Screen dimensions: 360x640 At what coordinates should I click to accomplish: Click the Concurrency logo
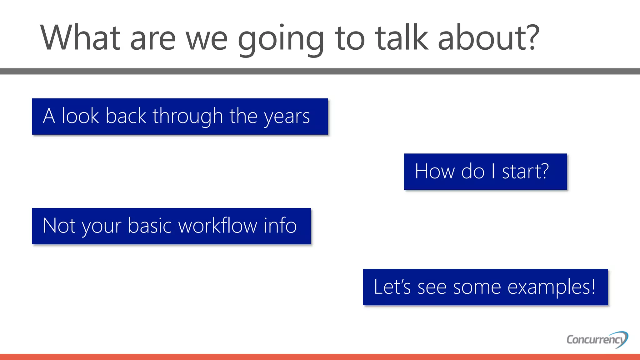[x=597, y=339]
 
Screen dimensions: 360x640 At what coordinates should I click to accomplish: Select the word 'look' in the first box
[x=80, y=116]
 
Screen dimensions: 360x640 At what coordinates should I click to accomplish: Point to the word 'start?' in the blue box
[x=525, y=171]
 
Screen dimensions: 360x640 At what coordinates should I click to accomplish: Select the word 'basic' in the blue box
[x=150, y=225]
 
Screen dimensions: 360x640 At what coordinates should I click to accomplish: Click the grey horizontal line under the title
[x=320, y=71]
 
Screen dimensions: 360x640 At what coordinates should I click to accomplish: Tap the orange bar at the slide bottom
[x=320, y=357]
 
